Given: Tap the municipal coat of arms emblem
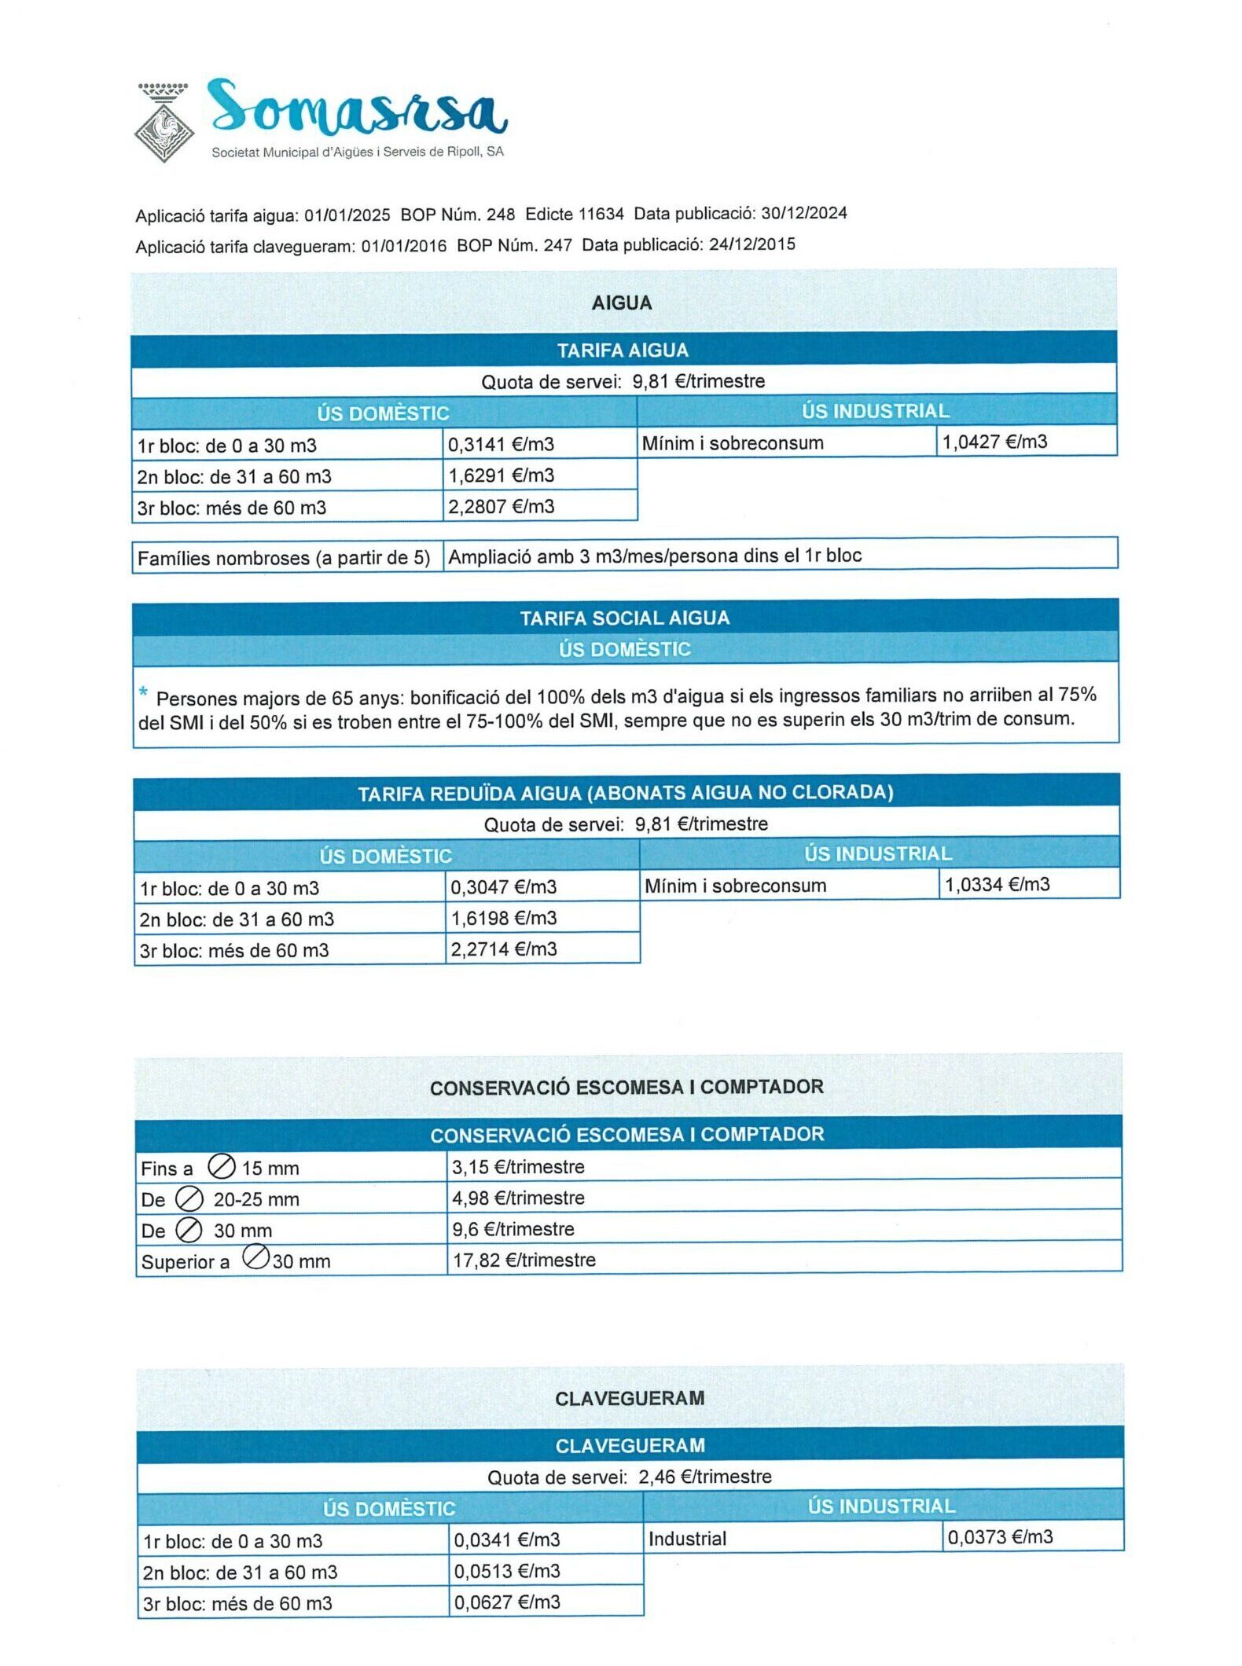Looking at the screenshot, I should (x=164, y=124).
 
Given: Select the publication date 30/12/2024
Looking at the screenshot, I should (x=803, y=213).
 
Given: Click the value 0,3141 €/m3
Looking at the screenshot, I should (x=501, y=445).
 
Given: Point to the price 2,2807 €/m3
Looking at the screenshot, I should (x=501, y=507).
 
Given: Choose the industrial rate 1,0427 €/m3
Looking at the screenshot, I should (x=994, y=442).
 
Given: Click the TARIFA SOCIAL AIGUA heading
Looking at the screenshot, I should (x=625, y=618).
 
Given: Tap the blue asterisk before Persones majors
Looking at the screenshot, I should (x=143, y=692).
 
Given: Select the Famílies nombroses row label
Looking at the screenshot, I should (x=283, y=558).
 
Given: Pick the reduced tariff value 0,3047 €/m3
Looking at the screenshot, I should (x=503, y=887).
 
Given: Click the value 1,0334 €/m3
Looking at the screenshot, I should (x=997, y=885).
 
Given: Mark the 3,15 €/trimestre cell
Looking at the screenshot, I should (x=518, y=1167).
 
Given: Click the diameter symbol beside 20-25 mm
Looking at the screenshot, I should (x=189, y=1199).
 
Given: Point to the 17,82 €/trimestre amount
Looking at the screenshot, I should (x=524, y=1261).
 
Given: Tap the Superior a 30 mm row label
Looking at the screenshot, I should (x=235, y=1261).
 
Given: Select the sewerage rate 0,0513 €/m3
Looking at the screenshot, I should (x=507, y=1571).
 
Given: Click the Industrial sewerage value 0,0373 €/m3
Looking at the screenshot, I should (x=1000, y=1537).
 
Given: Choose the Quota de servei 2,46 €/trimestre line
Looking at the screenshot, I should (x=629, y=1477).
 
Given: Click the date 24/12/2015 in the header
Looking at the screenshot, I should (x=751, y=244).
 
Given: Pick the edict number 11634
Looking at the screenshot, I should (x=601, y=214).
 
